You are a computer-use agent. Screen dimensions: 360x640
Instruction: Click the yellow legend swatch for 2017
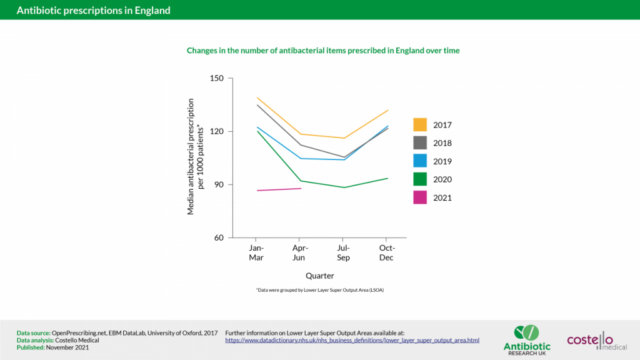click(420, 125)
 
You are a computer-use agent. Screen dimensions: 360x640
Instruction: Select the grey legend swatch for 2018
click(420, 143)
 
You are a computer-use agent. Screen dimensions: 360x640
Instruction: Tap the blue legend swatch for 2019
click(420, 161)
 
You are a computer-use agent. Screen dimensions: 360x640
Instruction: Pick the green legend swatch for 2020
click(420, 179)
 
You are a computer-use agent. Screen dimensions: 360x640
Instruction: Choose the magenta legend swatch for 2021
click(420, 197)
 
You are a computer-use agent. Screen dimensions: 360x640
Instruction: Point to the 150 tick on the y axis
click(217, 79)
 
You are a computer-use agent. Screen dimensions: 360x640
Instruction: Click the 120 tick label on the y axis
click(217, 132)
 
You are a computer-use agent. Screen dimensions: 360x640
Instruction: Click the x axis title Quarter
click(319, 276)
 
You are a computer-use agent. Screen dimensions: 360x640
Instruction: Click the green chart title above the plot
click(323, 51)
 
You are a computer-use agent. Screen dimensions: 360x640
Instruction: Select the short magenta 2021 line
click(279, 189)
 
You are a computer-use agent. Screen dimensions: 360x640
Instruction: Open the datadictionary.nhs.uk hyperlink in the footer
click(352, 340)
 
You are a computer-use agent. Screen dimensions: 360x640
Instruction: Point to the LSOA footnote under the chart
click(319, 291)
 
